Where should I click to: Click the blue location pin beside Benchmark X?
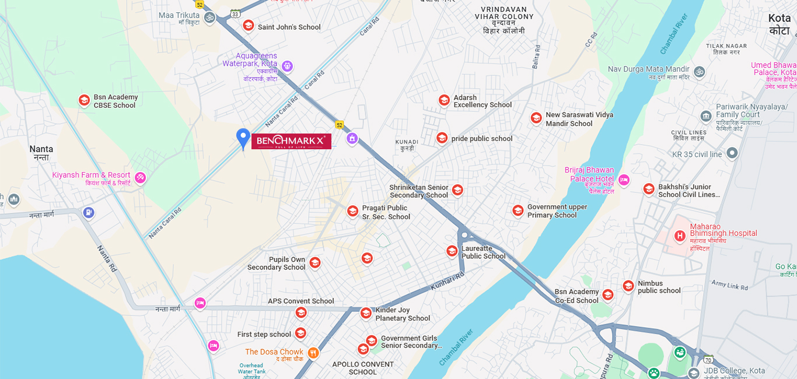click(243, 138)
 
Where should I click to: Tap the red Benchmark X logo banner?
click(291, 141)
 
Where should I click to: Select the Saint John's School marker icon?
click(249, 26)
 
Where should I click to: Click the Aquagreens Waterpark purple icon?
click(286, 66)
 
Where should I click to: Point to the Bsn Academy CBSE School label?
click(116, 101)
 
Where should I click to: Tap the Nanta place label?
click(41, 153)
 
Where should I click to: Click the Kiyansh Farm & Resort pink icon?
click(140, 177)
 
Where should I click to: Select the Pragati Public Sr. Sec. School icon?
click(352, 211)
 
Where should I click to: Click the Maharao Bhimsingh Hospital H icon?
click(679, 236)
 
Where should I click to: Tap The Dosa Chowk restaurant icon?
click(313, 352)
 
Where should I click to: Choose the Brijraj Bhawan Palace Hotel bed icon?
click(624, 178)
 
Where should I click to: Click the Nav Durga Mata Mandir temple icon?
click(699, 73)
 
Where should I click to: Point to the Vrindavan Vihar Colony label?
click(504, 21)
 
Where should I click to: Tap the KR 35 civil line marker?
click(732, 153)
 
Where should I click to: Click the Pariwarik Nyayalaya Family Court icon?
click(707, 115)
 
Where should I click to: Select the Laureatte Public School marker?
click(452, 251)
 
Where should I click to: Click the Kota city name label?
click(779, 24)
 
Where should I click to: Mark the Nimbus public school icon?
click(628, 286)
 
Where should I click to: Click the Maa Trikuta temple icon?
click(209, 17)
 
